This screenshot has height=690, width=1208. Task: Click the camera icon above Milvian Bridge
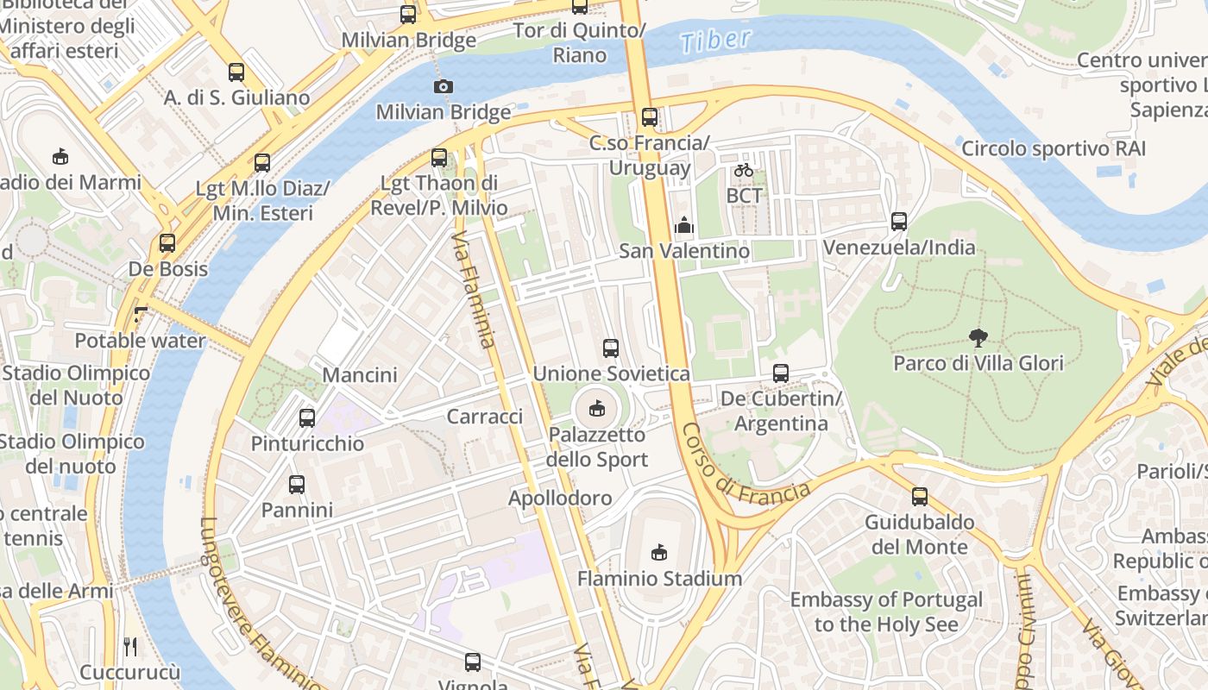[x=443, y=86]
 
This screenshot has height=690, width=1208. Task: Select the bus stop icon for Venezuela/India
[x=899, y=222]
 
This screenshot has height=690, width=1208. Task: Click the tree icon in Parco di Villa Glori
[x=978, y=337]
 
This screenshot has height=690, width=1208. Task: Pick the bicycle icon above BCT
[x=744, y=170]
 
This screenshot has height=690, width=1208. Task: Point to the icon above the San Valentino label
[x=684, y=226]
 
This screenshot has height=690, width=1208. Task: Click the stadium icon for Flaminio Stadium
[x=659, y=552]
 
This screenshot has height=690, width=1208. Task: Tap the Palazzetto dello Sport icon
[x=596, y=408]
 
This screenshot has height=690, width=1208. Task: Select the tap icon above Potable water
[x=141, y=315]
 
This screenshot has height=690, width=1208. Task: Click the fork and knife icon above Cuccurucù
[x=130, y=646]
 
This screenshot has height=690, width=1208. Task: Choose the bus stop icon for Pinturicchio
[x=307, y=418]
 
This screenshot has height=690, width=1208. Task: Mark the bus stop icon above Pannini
[x=297, y=485]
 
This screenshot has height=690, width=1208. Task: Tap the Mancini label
[x=360, y=375]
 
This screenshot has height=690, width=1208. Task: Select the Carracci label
[x=485, y=417]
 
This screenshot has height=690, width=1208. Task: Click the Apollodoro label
[x=560, y=498]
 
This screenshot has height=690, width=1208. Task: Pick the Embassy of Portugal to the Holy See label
[x=886, y=612]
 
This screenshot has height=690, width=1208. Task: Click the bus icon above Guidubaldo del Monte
[x=920, y=497]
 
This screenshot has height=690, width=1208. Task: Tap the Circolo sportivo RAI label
[x=1054, y=148]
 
